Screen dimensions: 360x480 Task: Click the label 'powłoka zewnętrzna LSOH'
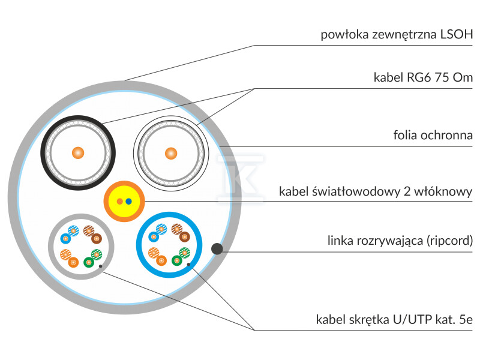[x=397, y=34]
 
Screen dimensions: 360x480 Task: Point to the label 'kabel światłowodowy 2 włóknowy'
[x=376, y=192]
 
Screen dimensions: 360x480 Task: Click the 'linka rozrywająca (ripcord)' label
[x=400, y=241]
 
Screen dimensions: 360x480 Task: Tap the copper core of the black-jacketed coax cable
[x=77, y=152]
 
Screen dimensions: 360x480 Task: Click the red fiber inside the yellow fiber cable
[x=120, y=201]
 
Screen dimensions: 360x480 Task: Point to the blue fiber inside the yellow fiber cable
[x=128, y=201]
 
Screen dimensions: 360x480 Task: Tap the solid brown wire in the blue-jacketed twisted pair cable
[x=180, y=237]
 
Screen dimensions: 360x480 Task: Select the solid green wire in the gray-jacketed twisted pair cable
[x=88, y=262]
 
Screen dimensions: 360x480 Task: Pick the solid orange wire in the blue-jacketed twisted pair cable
[x=162, y=260]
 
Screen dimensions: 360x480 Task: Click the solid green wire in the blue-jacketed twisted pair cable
[x=176, y=260]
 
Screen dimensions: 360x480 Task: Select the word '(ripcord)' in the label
[x=449, y=241]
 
